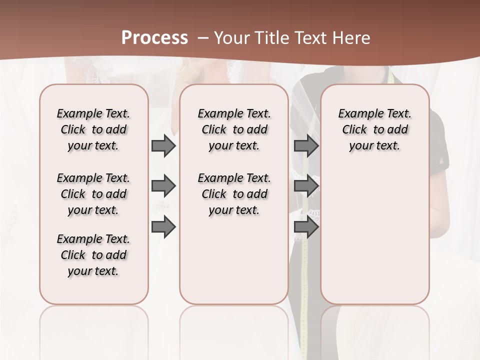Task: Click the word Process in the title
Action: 154,38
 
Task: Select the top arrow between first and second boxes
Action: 163,146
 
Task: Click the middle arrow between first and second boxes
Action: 163,186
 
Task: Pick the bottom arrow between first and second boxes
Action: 163,227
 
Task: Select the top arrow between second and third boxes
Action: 306,146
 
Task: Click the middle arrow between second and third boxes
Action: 306,186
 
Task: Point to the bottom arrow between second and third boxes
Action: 306,227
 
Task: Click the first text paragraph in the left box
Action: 93,129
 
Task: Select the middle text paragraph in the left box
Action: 93,194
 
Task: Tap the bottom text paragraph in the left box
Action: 93,255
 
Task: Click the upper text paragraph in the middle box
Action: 234,129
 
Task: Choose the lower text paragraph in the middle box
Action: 234,194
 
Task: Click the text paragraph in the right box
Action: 374,129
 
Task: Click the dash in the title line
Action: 203,38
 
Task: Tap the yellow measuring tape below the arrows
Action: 303,280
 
